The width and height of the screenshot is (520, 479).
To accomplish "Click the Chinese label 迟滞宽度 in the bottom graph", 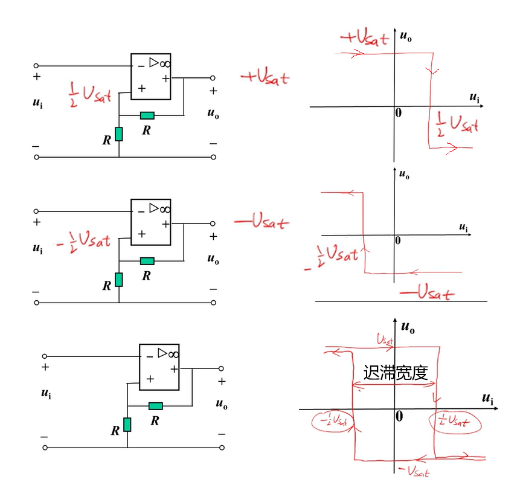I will (396, 372).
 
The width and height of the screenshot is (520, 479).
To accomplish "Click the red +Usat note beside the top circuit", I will (265, 77).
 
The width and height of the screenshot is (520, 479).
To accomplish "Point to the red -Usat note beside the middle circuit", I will (261, 222).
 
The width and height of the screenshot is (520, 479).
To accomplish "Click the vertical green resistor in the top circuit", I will (119, 133).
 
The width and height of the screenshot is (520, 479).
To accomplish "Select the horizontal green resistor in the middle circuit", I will (147, 261).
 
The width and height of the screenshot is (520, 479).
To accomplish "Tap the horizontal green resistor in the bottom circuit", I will (155, 406).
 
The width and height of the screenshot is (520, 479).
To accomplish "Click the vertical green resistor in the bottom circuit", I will (127, 424).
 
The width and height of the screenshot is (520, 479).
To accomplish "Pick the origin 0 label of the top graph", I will (398, 113).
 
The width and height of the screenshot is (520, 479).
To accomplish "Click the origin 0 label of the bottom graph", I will (399, 416).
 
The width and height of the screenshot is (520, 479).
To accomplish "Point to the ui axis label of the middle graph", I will (463, 228).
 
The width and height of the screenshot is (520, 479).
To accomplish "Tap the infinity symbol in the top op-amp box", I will (164, 62).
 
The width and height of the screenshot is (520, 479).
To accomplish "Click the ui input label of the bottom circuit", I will (46, 393).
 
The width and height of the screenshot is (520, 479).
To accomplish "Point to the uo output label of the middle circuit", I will (213, 259).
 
